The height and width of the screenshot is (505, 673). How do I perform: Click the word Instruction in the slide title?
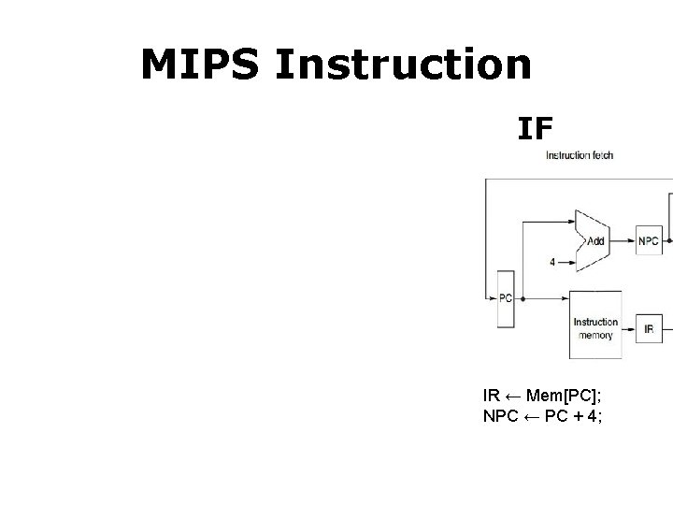tap(404, 65)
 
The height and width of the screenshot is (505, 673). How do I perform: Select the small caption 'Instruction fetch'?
tap(580, 155)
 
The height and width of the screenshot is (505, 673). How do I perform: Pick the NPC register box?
tap(649, 240)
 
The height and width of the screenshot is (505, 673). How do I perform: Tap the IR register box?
tap(649, 328)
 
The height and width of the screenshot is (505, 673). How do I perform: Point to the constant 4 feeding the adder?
tap(551, 262)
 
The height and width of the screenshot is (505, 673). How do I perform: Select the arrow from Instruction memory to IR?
tap(629, 328)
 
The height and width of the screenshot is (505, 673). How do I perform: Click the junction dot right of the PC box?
tap(522, 299)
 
